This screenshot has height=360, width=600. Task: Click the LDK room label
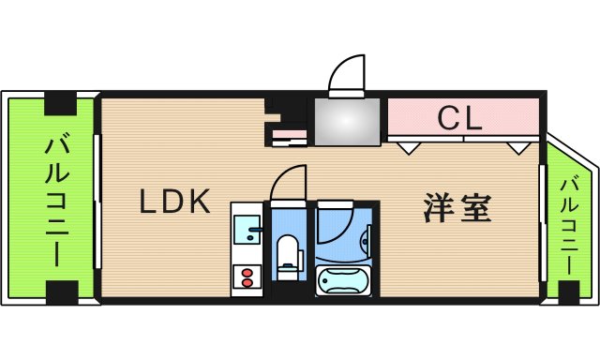click(x=174, y=202)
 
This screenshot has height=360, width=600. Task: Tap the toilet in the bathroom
click(x=288, y=256)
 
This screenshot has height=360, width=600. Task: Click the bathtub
click(x=344, y=280)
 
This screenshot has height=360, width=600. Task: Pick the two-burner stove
click(x=247, y=277)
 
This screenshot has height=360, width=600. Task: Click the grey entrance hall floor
click(x=347, y=121)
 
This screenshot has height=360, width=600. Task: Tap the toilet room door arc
click(x=287, y=182)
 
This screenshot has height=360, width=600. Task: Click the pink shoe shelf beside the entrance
click(x=289, y=137)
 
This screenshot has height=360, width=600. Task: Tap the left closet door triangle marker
click(x=406, y=146)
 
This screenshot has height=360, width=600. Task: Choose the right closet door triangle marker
click(x=517, y=146)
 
